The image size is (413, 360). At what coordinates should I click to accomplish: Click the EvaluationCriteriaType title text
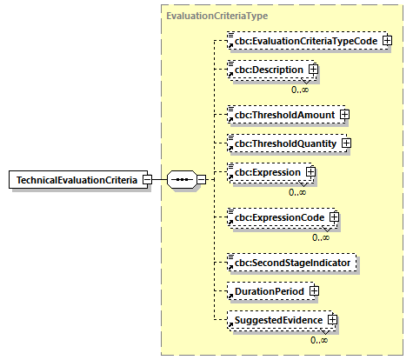(x=216, y=17)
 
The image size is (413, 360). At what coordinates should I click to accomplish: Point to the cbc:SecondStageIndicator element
(x=291, y=261)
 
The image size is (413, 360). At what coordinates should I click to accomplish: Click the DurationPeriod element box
(x=266, y=290)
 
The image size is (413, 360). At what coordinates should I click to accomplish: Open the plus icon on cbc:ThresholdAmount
(x=345, y=113)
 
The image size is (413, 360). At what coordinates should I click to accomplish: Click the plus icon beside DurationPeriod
(x=314, y=290)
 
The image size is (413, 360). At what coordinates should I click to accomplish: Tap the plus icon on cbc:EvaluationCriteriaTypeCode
(x=387, y=40)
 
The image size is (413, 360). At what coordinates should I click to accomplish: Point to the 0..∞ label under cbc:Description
(x=302, y=88)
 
